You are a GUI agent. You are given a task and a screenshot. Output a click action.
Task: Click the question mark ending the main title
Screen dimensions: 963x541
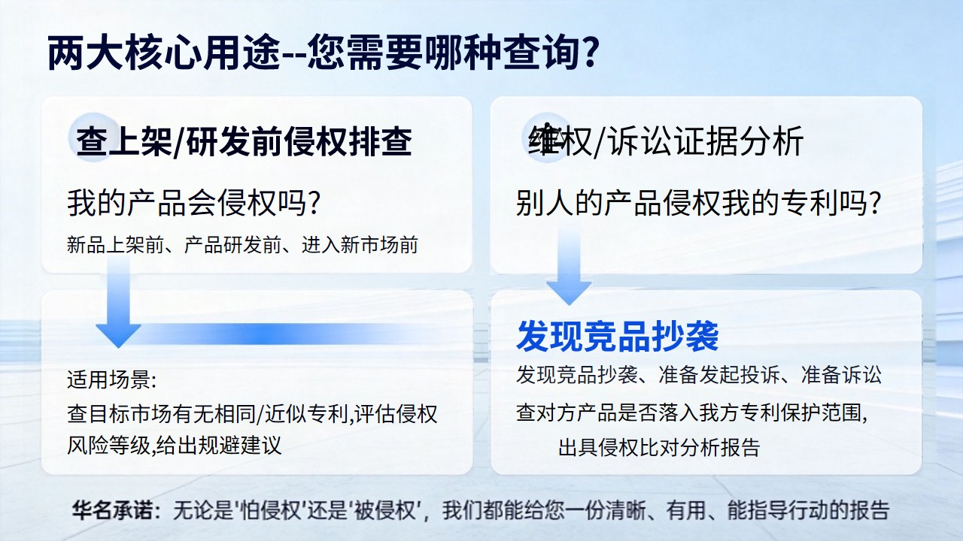pos(587,52)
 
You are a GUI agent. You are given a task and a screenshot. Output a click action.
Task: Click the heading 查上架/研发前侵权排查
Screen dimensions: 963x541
pos(244,141)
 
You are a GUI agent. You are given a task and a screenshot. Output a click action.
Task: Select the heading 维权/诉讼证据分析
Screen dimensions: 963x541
pos(666,141)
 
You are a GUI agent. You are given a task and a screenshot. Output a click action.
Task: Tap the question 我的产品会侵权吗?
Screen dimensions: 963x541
pos(193,203)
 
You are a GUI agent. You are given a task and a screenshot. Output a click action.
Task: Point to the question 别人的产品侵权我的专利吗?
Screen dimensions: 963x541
pos(699,203)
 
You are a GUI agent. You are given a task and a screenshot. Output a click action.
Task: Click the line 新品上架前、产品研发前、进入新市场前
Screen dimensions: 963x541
pos(242,245)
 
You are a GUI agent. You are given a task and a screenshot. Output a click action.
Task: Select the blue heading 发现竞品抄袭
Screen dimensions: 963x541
pos(618,336)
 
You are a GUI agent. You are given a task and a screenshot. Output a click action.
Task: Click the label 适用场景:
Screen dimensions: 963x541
pos(112,379)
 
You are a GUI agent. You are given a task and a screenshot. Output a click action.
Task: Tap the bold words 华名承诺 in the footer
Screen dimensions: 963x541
pos(113,510)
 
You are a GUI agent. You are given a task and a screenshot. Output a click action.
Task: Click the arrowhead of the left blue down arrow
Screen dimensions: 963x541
pos(118,335)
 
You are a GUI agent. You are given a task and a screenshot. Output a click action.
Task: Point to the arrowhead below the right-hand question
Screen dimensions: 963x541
pos(569,292)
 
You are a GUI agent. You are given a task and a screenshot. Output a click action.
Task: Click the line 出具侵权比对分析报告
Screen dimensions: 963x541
pos(659,447)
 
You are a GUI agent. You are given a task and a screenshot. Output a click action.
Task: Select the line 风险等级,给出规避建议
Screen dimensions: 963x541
pos(174,446)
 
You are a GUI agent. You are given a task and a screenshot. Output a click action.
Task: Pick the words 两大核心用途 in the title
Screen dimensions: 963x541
pos(164,53)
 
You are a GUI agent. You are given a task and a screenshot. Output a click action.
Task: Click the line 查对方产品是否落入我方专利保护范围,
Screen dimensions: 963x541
pos(691,413)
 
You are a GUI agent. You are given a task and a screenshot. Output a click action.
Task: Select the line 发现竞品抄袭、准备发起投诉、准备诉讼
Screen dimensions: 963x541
pos(699,374)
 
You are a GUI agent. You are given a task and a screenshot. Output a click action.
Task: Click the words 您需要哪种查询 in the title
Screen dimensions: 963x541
pos(442,53)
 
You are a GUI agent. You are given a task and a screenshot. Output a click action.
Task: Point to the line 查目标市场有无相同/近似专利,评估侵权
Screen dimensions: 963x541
pos(252,413)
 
